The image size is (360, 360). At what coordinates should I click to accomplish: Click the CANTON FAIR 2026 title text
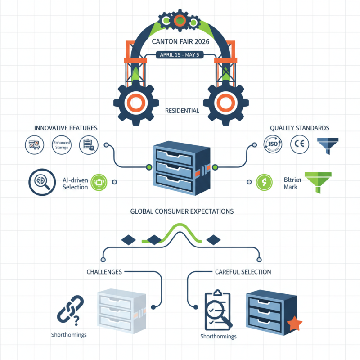[x=180, y=43]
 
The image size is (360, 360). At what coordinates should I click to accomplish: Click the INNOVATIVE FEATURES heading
[x=66, y=128]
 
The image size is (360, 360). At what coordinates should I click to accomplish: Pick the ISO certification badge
[x=273, y=144]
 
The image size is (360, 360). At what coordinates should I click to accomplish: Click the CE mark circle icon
[x=300, y=144]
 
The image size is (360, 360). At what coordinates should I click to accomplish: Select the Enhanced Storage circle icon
[x=61, y=144]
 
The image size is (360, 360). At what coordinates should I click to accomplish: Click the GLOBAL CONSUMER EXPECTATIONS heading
[x=182, y=211]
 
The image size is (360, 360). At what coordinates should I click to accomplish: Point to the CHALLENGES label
[x=104, y=272]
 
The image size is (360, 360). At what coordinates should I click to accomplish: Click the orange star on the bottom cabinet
[x=295, y=323]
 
